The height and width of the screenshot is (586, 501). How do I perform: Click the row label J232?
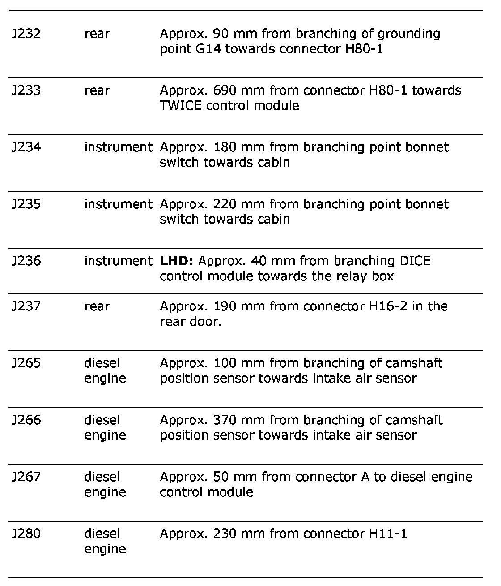point(26,34)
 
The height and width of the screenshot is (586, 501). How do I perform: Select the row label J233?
point(26,91)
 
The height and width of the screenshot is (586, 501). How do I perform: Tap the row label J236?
point(26,261)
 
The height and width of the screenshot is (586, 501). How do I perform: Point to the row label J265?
point(26,363)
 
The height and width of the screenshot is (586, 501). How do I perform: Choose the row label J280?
point(26,534)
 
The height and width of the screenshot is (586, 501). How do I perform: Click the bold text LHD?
point(176,261)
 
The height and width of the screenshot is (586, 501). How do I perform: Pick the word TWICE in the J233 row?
point(180,106)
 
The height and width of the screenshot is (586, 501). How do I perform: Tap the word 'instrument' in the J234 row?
point(118,147)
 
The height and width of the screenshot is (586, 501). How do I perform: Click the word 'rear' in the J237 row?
point(97,306)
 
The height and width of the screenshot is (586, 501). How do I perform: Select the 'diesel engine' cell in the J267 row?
point(105,485)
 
